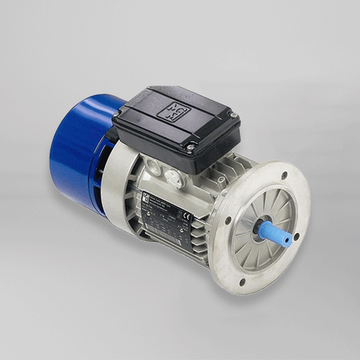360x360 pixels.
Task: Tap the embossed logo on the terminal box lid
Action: tap(174, 110)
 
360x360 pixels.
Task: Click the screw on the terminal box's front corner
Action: tap(191, 148)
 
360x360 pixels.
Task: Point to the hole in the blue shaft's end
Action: tap(290, 238)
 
